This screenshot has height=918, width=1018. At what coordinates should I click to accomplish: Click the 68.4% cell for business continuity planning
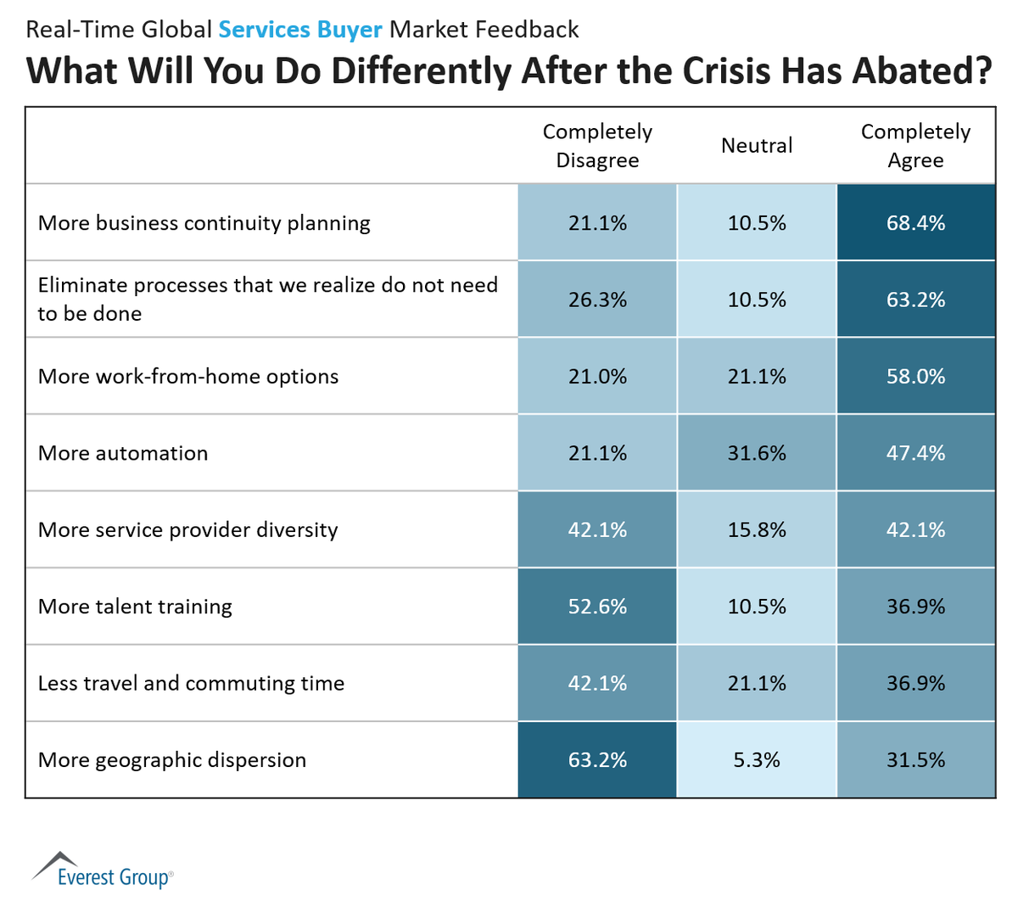[x=915, y=223]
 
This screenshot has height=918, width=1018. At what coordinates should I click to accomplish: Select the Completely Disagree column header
[x=597, y=146]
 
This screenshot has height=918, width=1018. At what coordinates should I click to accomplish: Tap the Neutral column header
[x=757, y=146]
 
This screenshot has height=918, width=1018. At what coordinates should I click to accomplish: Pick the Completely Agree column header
[x=915, y=146]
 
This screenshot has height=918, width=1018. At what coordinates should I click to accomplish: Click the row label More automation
[x=123, y=453]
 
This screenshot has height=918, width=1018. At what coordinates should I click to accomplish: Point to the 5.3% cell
[x=757, y=760]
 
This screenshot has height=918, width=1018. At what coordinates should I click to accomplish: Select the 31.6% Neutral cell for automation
[x=757, y=453]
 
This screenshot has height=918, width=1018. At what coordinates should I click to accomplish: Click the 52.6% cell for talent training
[x=597, y=607]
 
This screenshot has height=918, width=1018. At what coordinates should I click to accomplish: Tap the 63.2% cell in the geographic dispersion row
[x=597, y=760]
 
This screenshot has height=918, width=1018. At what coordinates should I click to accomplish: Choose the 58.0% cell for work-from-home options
[x=915, y=377]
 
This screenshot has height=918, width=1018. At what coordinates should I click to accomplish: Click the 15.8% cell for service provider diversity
[x=757, y=530]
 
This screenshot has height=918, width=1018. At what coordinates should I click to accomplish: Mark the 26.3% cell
[x=597, y=299]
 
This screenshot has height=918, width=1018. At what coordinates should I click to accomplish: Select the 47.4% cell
[x=915, y=453]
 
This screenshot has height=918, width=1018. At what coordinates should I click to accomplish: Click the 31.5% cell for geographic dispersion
[x=915, y=760]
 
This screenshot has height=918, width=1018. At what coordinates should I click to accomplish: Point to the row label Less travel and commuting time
[x=191, y=683]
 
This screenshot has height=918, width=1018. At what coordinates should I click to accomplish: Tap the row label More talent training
[x=135, y=607]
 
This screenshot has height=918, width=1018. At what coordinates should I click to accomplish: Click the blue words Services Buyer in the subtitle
[x=300, y=30]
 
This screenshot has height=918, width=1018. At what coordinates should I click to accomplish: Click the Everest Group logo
[x=103, y=870]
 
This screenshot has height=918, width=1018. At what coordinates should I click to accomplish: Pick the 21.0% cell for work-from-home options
[x=597, y=377]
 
